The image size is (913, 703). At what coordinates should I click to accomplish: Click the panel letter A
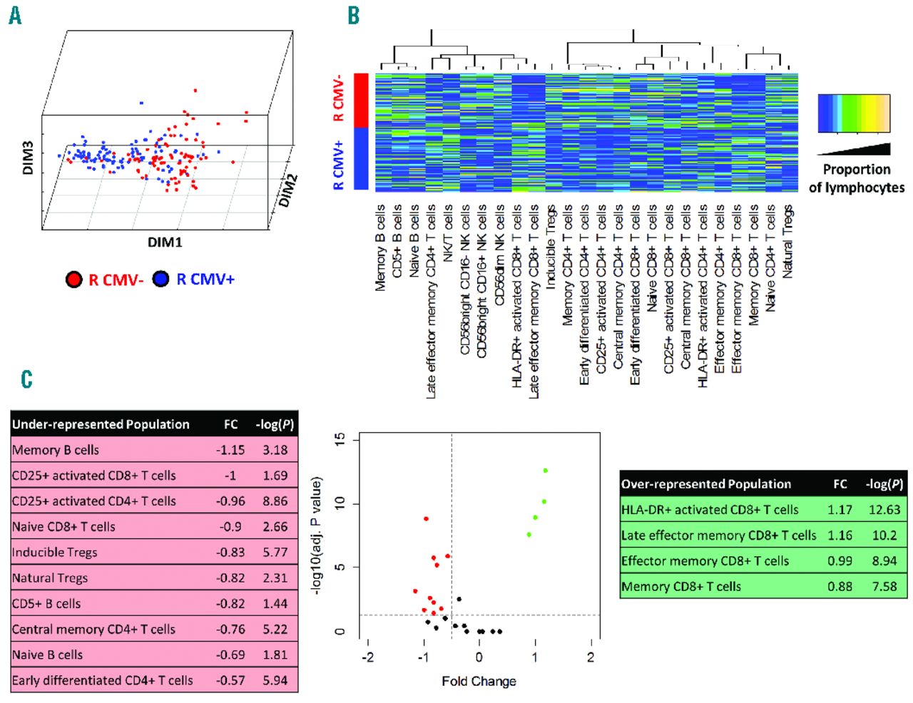[x=15, y=16]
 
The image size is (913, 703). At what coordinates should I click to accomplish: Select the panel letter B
[x=353, y=16]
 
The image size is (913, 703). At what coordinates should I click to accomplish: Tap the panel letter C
[x=26, y=379]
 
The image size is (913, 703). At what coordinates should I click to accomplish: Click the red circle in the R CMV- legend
[x=73, y=279]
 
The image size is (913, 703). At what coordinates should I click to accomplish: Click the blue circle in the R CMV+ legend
[x=161, y=279]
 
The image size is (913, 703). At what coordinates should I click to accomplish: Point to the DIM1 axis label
[x=165, y=242]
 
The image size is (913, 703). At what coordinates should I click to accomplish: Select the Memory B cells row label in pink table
[x=56, y=450]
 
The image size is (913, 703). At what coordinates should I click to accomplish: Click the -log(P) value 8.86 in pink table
[x=275, y=501]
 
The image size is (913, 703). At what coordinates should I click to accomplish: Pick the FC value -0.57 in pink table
[x=230, y=680]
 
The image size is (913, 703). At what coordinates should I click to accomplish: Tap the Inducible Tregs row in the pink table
[x=55, y=553]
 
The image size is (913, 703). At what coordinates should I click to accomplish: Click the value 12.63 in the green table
[x=884, y=510]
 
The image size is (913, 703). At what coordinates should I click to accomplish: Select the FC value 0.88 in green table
[x=840, y=587]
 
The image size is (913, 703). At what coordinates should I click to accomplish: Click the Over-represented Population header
[x=706, y=484]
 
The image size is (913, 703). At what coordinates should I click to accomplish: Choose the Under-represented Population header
[x=101, y=424]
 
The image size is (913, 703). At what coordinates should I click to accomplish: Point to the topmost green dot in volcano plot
[x=545, y=471]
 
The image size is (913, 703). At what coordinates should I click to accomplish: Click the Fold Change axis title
[x=479, y=681]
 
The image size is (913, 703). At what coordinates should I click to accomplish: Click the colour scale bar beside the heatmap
[x=854, y=113]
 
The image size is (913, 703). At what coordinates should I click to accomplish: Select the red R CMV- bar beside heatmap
[x=361, y=100]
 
